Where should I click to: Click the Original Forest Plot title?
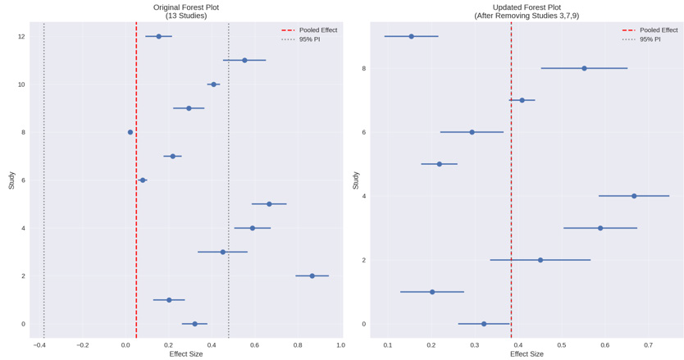[x=186, y=7]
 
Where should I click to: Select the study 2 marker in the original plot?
[x=312, y=276]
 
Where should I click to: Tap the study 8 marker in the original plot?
[x=130, y=132]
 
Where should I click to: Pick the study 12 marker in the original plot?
[x=159, y=36]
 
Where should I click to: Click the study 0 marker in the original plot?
[x=194, y=324]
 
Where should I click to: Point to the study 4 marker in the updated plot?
[x=634, y=196]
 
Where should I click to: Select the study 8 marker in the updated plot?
[x=584, y=68]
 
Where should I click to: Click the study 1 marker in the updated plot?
[x=432, y=292]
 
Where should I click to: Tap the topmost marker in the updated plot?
[x=411, y=36]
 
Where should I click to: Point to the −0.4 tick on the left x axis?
[x=39, y=345]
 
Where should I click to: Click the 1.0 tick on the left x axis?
[x=340, y=345]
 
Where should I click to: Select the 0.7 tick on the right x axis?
[x=649, y=345]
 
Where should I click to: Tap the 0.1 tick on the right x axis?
[x=388, y=345]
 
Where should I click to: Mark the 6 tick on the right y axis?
[x=364, y=132]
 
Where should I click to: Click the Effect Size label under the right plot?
[x=527, y=354]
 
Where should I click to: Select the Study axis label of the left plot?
[x=11, y=180]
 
